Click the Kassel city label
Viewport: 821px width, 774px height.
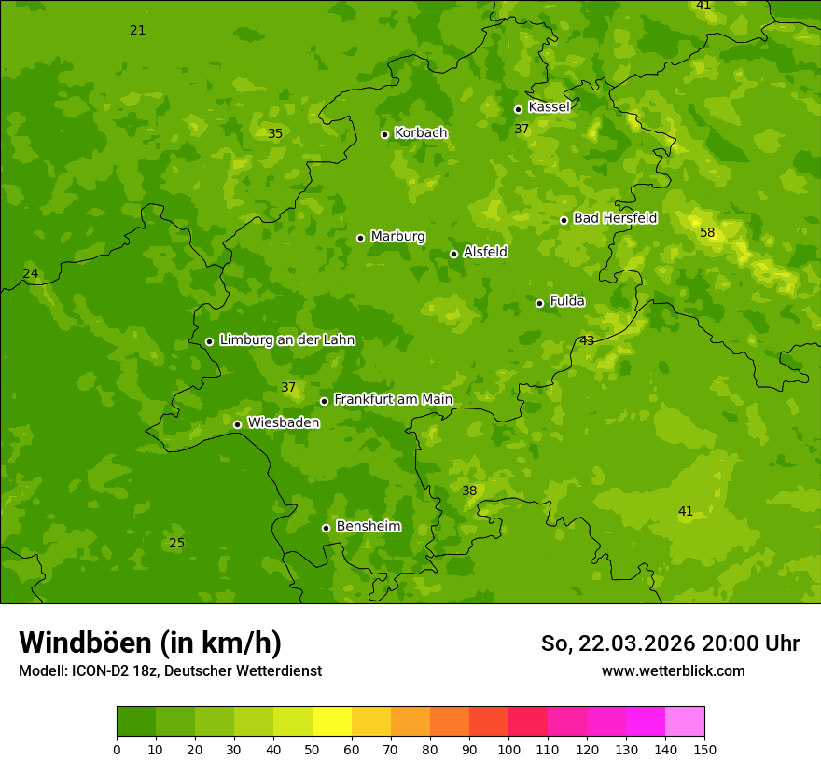coord(549,107)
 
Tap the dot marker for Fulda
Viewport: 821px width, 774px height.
coord(539,303)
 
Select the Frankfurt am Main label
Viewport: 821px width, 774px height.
coord(393,400)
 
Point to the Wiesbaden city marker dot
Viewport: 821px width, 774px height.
coord(237,424)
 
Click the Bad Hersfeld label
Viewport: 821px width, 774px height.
coord(615,218)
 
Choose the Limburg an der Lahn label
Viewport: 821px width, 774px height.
coord(286,340)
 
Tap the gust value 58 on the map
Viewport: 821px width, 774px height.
coord(707,232)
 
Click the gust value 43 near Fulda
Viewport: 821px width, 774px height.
coord(587,340)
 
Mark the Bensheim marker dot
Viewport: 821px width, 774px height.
coord(326,528)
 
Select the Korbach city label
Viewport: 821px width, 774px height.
coord(421,133)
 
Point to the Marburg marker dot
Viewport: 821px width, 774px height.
coord(360,238)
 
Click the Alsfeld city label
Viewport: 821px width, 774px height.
coord(485,252)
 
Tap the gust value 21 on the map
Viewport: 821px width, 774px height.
coord(138,31)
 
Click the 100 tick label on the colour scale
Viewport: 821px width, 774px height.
coord(508,749)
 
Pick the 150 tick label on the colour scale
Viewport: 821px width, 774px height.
coord(704,749)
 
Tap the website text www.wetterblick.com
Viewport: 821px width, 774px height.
coord(673,670)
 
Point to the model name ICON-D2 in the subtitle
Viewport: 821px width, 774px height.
coord(99,670)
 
